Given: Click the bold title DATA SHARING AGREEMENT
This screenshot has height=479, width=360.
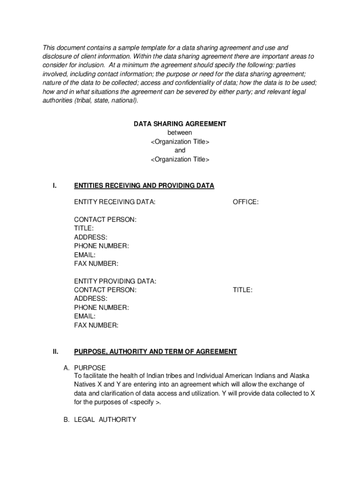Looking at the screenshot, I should (180, 124).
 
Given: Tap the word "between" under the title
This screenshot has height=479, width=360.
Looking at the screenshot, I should (180, 133).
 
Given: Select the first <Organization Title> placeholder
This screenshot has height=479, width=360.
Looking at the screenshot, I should (180, 142).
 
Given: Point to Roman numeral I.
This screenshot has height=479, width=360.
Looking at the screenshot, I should (55, 186).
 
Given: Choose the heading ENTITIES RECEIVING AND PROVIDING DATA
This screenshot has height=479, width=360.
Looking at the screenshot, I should (144, 186).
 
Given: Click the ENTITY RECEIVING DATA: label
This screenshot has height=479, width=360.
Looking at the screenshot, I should (115, 202).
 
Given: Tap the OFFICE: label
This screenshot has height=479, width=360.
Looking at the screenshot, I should (245, 202).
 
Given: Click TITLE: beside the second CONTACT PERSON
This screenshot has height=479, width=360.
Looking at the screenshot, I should (243, 290).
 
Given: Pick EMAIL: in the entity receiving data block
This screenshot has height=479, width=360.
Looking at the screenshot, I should (85, 255).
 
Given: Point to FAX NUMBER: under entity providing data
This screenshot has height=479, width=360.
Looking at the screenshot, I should (96, 325).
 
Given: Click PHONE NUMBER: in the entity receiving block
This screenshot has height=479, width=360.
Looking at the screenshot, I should (101, 246).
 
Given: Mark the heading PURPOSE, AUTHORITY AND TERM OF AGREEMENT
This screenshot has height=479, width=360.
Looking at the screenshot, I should (155, 352).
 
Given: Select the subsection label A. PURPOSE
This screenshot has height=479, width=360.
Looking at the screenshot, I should (85, 368).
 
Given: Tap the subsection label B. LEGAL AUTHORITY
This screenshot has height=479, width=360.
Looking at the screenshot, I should (100, 420).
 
